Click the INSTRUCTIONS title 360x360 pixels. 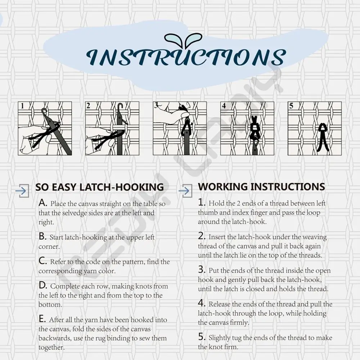[x=186, y=57]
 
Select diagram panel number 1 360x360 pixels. [x=45, y=129]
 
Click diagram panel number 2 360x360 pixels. [x=112, y=129]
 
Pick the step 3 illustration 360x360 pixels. [x=180, y=129]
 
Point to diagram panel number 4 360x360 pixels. [x=247, y=129]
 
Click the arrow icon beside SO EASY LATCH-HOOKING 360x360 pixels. [x=22, y=190]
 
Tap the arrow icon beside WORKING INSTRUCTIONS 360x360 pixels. [x=185, y=190]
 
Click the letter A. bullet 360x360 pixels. [x=43, y=203]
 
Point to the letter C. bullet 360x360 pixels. [x=43, y=261]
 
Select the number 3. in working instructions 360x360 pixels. [x=202, y=270]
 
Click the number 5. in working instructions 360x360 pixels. [x=202, y=337]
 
